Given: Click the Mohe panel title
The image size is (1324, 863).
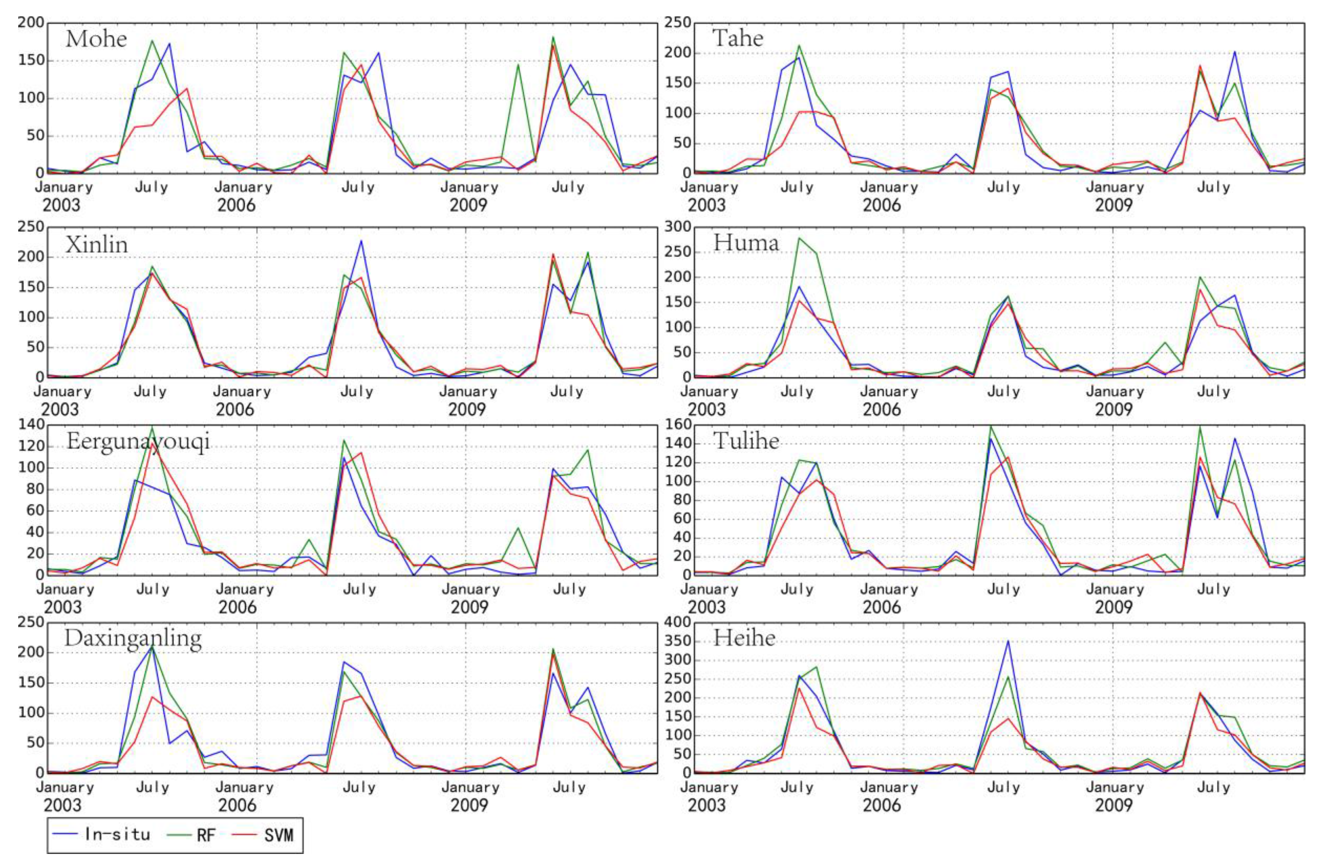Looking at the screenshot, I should pos(96,39).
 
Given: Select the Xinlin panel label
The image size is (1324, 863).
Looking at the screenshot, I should pos(96,244).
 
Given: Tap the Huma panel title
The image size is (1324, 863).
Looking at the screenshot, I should pos(745,242).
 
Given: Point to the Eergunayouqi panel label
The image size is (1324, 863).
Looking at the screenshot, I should pos(138,441).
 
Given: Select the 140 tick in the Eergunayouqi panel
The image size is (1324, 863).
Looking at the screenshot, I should pos(31,425).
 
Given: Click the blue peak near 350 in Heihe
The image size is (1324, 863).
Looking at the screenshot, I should pos(1008,641).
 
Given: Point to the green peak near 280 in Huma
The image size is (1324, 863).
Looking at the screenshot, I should pos(799,238).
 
